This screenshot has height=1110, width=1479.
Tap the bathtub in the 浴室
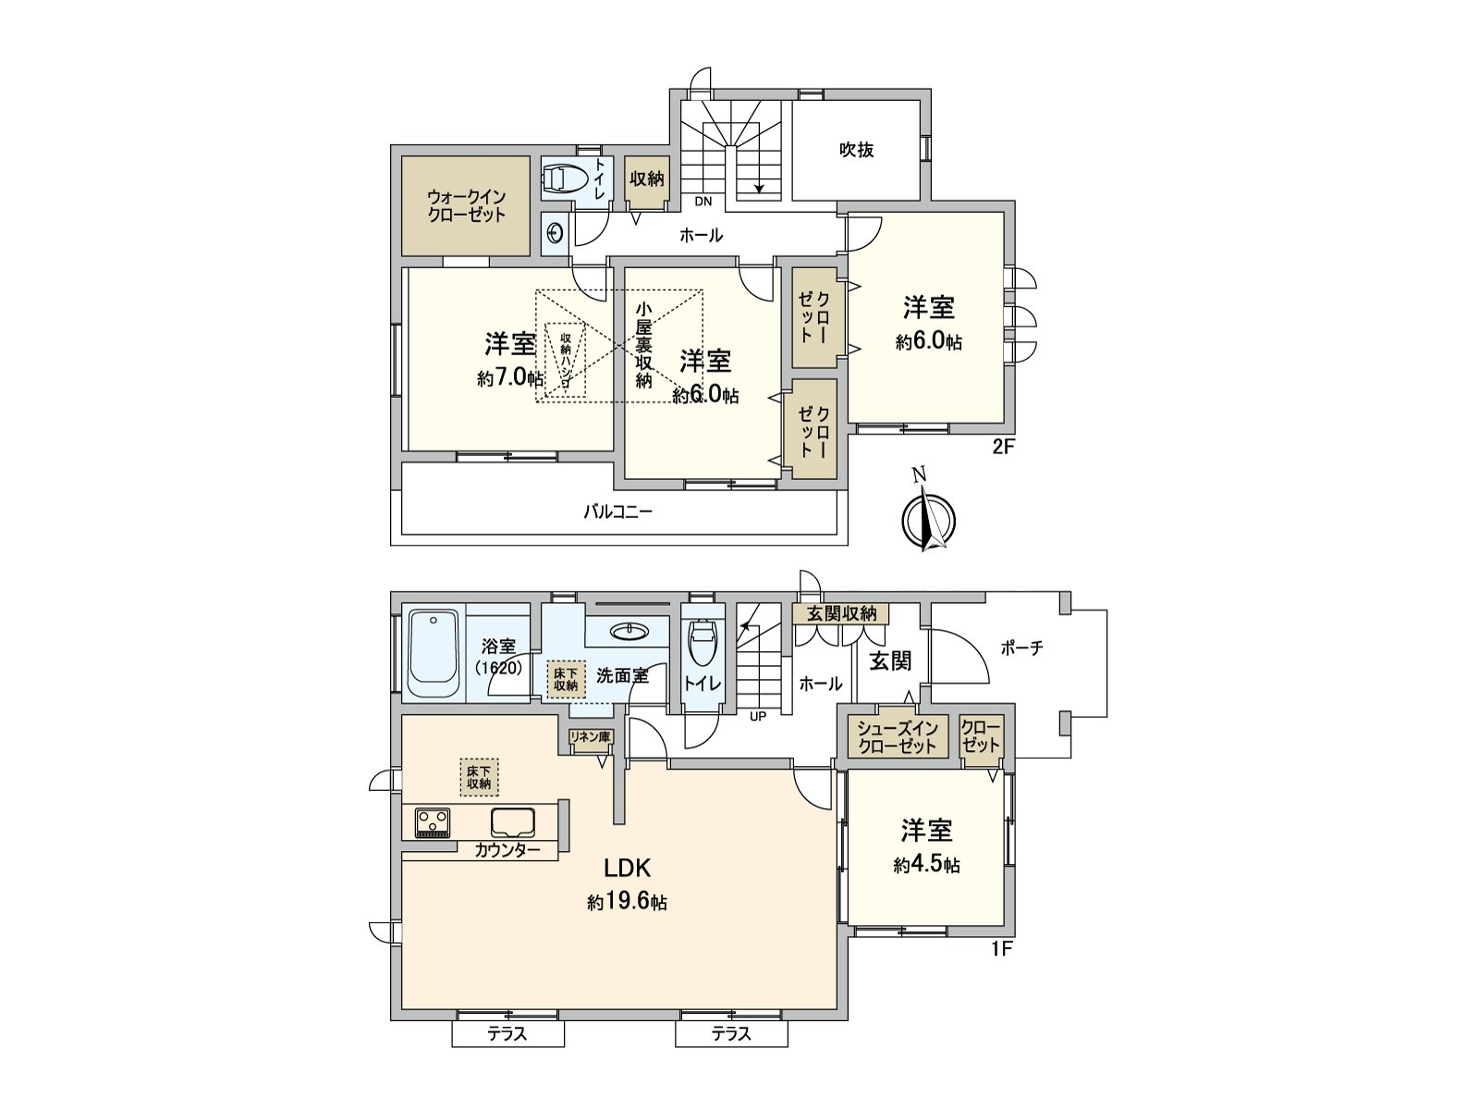coord(434,655)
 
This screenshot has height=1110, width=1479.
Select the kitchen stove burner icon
coord(433,821)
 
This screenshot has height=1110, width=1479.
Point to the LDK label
coord(628,869)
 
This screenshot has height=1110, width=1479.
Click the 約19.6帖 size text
coord(628,902)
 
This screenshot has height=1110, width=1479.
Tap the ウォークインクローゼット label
coord(466,205)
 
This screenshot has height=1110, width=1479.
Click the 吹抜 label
coord(857,150)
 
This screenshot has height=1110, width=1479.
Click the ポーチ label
coord(1022,648)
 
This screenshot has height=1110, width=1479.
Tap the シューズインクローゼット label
coord(897,737)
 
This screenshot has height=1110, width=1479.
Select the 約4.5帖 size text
coord(927,865)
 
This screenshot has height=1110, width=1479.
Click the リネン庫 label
coord(590,737)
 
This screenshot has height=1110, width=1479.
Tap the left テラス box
coord(507,1034)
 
